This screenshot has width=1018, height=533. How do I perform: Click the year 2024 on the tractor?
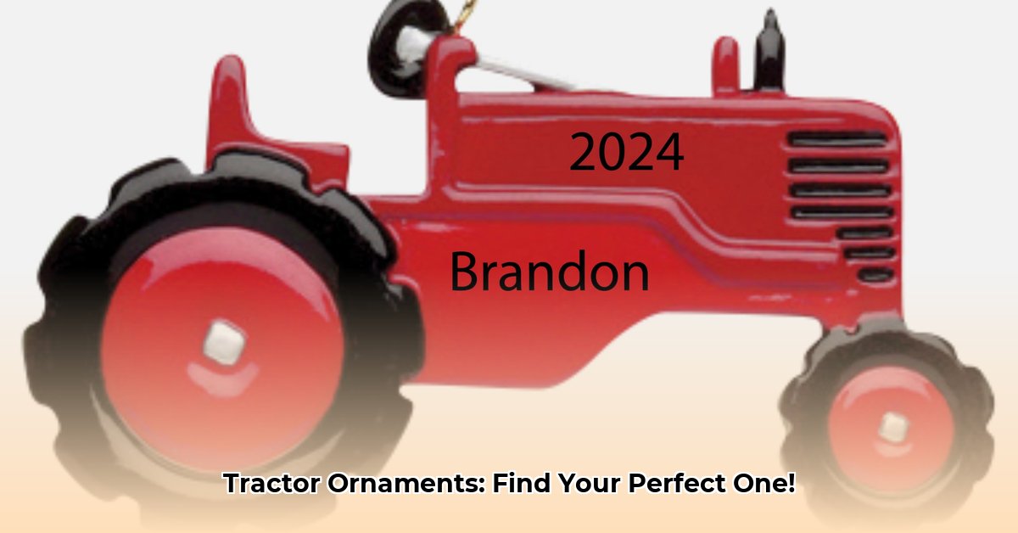tap(626, 153)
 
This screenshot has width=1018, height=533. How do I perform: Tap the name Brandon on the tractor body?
tap(549, 273)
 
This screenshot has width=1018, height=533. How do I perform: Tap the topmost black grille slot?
tap(837, 138)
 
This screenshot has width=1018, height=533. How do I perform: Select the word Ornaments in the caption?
tap(400, 485)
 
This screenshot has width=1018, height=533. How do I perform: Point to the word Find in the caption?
tap(520, 485)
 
